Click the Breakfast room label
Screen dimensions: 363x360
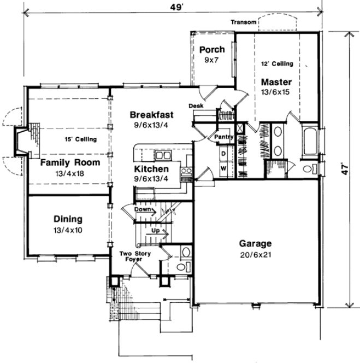point(151,115)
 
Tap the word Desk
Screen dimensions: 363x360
point(196,106)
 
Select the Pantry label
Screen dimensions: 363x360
point(224,137)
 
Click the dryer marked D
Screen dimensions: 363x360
point(223,154)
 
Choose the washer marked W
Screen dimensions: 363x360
point(223,168)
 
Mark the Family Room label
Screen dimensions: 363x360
point(69,162)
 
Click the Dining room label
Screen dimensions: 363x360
point(68,219)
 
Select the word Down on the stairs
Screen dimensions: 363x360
point(143,209)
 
